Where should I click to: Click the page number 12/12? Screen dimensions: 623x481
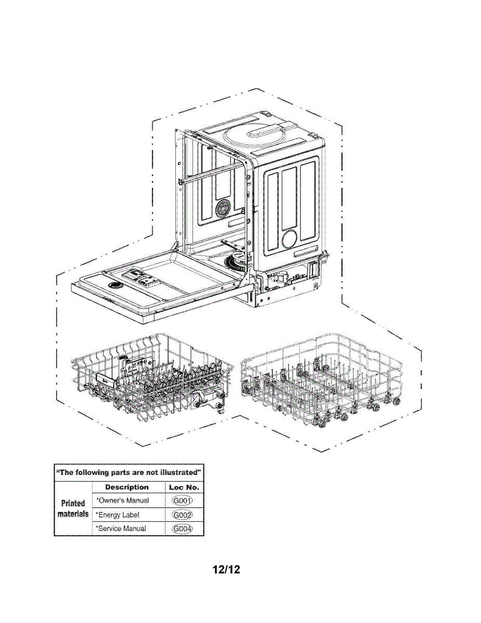coord(226,570)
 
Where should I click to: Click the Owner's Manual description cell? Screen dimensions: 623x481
coord(122,501)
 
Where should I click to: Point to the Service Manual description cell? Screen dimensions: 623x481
coord(121,529)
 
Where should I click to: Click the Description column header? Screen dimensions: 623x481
coord(127,487)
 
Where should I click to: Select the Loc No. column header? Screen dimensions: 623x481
coord(184,487)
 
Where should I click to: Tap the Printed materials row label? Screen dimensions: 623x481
coord(73,508)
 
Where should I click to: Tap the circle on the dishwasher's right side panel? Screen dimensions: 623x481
coord(290,239)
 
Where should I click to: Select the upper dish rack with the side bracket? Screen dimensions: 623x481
coord(150,384)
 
